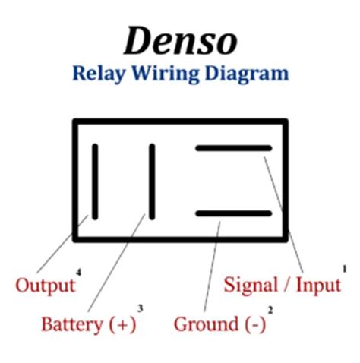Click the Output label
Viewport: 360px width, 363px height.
(x=45, y=286)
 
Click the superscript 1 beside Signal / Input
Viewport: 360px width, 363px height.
(x=343, y=268)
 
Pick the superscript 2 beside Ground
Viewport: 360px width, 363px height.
(x=270, y=309)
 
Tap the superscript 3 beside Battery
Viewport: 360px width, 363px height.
(x=140, y=308)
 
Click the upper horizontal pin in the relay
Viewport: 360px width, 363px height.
(x=232, y=148)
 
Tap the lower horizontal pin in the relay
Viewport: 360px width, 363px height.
(x=232, y=213)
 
